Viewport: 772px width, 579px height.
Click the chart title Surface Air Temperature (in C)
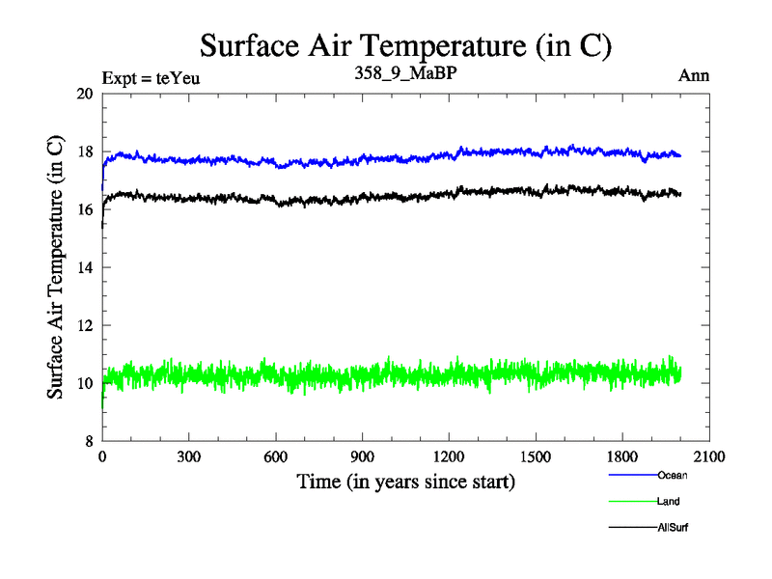pos(405,45)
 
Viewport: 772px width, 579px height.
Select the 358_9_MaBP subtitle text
pos(406,73)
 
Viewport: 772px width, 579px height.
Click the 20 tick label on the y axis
pos(84,94)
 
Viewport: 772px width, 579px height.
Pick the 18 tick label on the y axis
pos(84,152)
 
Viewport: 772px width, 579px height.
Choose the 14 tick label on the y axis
pos(84,267)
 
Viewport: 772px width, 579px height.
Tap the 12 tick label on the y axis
pos(84,325)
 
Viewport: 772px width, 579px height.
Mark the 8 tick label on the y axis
pos(88,441)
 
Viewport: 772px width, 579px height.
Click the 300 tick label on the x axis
pos(188,457)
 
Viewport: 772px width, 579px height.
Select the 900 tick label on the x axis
pos(362,457)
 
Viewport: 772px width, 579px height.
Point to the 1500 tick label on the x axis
pos(536,457)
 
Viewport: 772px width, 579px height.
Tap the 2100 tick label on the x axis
pos(709,457)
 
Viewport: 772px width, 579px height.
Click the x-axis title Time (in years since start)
pos(405,481)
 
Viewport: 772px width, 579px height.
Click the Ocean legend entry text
pos(672,475)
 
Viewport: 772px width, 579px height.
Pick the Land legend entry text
pos(670,501)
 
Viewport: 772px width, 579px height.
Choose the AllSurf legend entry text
pos(673,527)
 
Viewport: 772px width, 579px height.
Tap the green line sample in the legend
pos(632,502)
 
